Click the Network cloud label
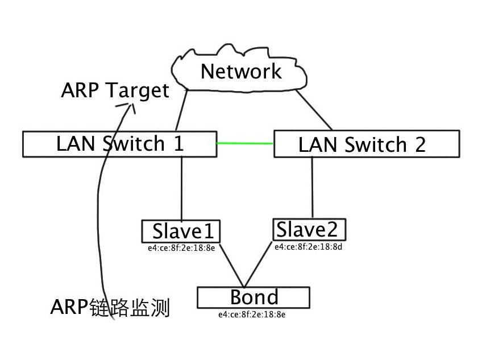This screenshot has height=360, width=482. [x=241, y=72]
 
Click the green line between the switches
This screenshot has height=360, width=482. [x=244, y=143]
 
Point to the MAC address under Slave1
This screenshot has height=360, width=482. [x=181, y=248]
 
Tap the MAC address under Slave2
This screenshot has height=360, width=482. [x=308, y=247]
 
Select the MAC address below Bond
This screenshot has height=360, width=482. [x=252, y=315]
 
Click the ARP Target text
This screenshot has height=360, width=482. [x=115, y=90]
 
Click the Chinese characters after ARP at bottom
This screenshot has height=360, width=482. [x=130, y=307]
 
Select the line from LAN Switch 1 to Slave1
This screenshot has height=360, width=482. [x=182, y=189]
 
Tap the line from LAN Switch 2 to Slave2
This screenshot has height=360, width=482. [x=312, y=188]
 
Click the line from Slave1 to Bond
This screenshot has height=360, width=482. [x=232, y=265]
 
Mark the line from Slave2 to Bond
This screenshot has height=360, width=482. [x=258, y=264]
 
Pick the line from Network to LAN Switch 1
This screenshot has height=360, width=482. [x=181, y=110]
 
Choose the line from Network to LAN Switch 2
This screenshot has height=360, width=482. [x=314, y=110]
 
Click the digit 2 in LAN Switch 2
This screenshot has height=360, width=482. [x=420, y=144]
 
